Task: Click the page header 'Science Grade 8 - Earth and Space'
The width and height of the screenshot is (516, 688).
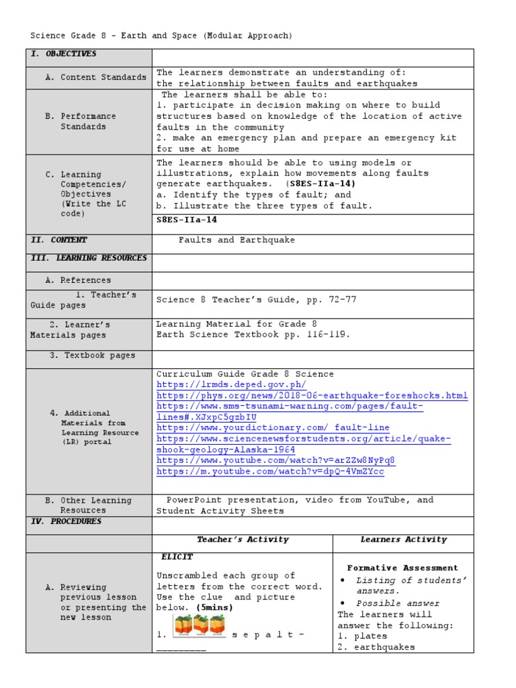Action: pyautogui.click(x=161, y=36)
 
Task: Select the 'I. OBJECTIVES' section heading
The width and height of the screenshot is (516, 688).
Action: pyautogui.click(x=64, y=54)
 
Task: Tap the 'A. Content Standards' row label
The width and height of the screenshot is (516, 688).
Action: pyautogui.click(x=95, y=77)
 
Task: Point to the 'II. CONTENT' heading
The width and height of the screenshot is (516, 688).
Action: pyautogui.click(x=59, y=240)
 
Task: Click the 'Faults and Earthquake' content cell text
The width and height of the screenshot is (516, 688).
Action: pyautogui.click(x=236, y=240)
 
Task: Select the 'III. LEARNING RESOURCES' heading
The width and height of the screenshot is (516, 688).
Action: pyautogui.click(x=89, y=258)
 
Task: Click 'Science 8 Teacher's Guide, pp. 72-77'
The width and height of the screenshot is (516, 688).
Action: pyautogui.click(x=256, y=300)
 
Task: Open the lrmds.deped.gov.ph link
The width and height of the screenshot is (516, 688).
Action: pyautogui.click(x=231, y=385)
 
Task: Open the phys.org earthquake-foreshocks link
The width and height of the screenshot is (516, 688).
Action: pyautogui.click(x=312, y=396)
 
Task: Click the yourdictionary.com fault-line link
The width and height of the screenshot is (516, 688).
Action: pyautogui.click(x=273, y=428)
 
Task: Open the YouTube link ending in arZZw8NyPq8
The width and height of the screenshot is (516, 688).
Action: pyautogui.click(x=275, y=460)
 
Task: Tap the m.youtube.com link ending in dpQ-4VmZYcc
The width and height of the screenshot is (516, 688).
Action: pyautogui.click(x=270, y=472)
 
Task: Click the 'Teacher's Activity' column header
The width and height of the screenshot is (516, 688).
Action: pyautogui.click(x=243, y=540)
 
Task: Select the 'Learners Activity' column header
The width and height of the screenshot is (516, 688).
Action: pyautogui.click(x=403, y=540)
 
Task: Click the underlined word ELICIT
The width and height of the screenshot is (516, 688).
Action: pyautogui.click(x=177, y=557)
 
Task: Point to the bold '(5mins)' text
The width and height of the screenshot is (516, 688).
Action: pyautogui.click(x=214, y=607)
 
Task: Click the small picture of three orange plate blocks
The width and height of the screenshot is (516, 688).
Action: pyautogui.click(x=199, y=626)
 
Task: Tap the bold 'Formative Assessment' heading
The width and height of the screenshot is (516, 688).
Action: pyautogui.click(x=402, y=568)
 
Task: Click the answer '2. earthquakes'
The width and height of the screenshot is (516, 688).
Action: pyautogui.click(x=376, y=647)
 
